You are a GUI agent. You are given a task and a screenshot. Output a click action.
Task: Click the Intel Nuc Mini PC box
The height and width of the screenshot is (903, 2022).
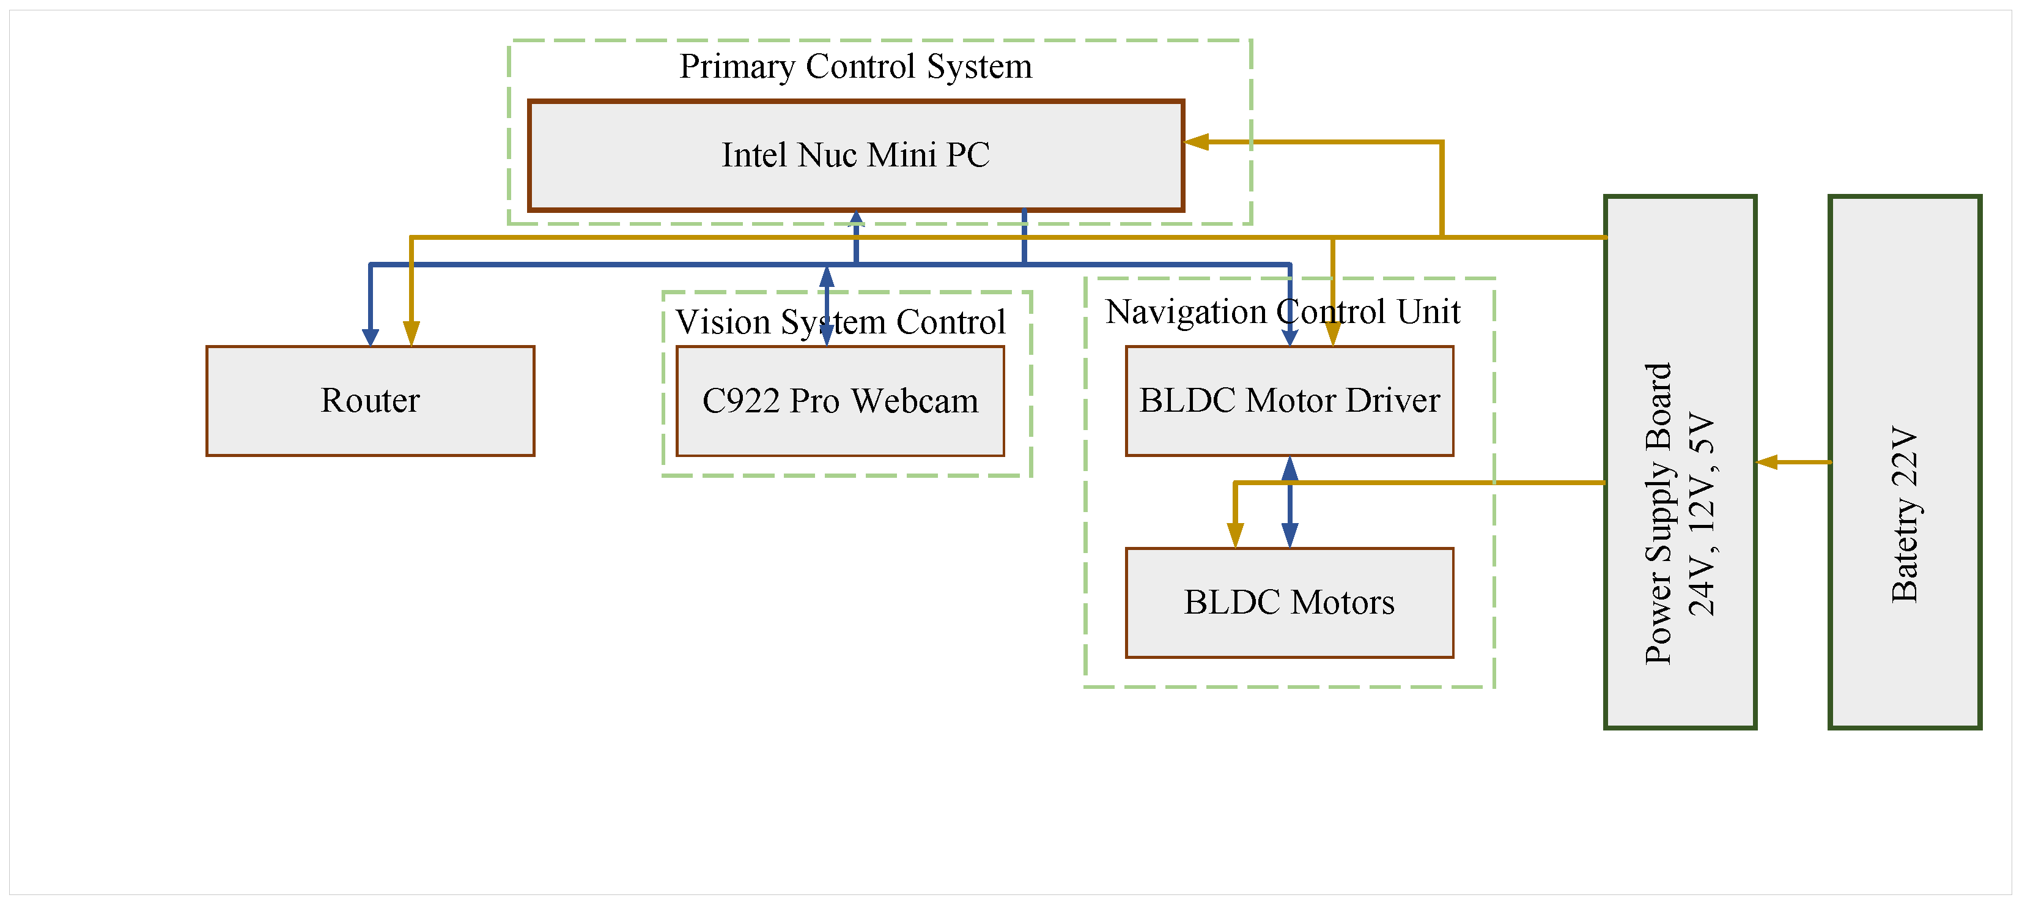tap(855, 155)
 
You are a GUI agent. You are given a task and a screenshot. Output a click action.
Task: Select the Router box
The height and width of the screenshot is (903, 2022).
tap(370, 401)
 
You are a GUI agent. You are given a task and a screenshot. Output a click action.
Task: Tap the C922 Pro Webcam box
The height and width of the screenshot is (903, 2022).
tap(840, 401)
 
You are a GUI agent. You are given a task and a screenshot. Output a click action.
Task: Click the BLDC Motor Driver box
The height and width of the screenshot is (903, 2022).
tap(1289, 401)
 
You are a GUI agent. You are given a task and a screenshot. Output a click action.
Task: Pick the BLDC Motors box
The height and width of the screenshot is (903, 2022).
tap(1289, 602)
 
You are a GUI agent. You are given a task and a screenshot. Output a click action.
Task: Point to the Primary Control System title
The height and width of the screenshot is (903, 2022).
tap(855, 66)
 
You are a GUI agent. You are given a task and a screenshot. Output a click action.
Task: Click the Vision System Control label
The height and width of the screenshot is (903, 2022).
tap(840, 322)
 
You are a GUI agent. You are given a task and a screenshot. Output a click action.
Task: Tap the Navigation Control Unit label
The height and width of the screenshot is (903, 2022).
tap(1283, 312)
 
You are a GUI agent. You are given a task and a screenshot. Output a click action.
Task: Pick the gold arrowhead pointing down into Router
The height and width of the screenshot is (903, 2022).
tap(411, 333)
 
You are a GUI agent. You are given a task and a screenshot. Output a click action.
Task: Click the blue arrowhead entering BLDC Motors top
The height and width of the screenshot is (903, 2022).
tap(1289, 535)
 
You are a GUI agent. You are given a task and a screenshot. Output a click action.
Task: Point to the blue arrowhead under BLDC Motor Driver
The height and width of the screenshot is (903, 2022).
tap(1289, 469)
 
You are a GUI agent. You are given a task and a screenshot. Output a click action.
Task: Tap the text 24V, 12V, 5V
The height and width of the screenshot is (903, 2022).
tap(1702, 515)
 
